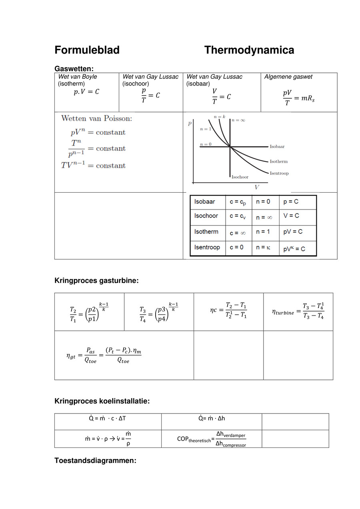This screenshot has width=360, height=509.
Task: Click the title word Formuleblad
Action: click(87, 50)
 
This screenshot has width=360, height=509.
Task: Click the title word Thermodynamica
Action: click(249, 50)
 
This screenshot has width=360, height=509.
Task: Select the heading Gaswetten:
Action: click(74, 69)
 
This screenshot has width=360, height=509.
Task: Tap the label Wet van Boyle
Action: click(78, 77)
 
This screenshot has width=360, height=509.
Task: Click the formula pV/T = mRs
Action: click(298, 97)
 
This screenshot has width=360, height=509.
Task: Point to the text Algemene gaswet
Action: click(288, 77)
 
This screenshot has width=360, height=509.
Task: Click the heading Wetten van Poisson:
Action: click(96, 118)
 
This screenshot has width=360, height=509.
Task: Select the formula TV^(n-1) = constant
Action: click(93, 165)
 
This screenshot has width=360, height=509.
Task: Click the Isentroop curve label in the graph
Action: click(279, 173)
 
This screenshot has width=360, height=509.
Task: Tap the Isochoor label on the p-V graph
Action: click(240, 177)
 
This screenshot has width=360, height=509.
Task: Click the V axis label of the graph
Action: click(256, 187)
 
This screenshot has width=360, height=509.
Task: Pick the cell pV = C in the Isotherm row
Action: click(293, 232)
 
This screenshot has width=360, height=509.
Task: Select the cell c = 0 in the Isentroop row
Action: click(236, 248)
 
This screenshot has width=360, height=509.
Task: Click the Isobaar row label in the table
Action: click(204, 202)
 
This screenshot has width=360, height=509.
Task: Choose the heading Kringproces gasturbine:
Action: click(96, 281)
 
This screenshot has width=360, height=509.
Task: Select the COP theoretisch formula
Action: click(212, 439)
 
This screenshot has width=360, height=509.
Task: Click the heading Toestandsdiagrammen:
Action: click(95, 461)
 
